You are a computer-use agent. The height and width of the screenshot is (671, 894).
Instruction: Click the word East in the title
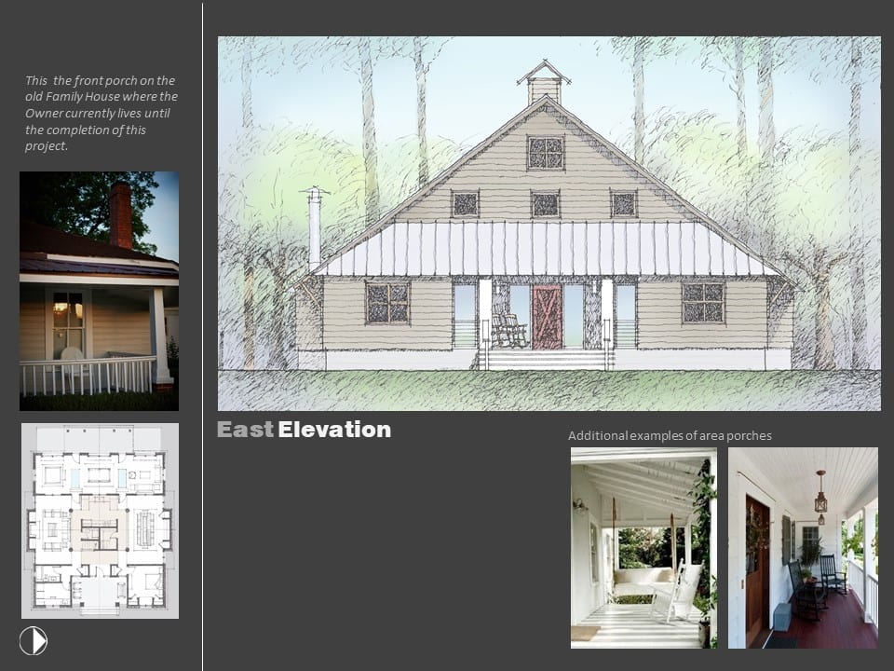(245, 430)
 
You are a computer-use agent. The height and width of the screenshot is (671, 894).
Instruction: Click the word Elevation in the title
(334, 430)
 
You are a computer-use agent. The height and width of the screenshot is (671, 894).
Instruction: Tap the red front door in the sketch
(548, 317)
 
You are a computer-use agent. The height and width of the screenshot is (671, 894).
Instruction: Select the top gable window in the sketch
(546, 152)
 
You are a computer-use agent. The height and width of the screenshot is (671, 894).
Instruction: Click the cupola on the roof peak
(545, 82)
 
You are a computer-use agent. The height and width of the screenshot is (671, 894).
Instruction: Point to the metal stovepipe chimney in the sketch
(314, 227)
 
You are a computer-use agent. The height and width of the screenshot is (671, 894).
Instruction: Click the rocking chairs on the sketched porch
(508, 327)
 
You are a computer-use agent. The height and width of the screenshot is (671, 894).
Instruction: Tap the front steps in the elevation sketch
(547, 360)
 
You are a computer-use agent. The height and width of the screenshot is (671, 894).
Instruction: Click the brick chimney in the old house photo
(121, 215)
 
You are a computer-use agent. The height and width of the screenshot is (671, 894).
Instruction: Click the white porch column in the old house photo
(160, 335)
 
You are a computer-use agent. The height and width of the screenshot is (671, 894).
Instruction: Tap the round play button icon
(34, 640)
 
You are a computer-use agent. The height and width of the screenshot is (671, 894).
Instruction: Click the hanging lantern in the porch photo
(820, 497)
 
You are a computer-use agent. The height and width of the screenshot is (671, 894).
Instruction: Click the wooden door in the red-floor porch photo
(757, 571)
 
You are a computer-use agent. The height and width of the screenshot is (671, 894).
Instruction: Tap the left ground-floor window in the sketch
(387, 302)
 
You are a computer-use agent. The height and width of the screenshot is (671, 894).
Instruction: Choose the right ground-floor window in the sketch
(704, 302)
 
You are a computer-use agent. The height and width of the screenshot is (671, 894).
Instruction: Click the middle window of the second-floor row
(545, 204)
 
